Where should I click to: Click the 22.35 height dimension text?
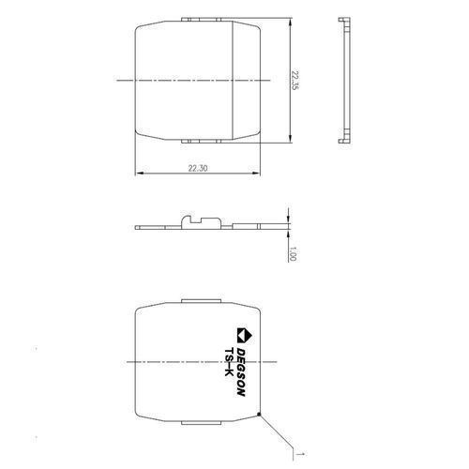pyautogui.click(x=295, y=81)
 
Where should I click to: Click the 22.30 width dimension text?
pyautogui.click(x=198, y=168)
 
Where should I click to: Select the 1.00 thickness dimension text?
pyautogui.click(x=293, y=253)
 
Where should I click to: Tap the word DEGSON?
pyautogui.click(x=240, y=372)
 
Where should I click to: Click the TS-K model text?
pyautogui.click(x=229, y=362)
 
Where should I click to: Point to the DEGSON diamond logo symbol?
pyautogui.click(x=245, y=336)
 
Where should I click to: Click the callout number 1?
pyautogui.click(x=302, y=454)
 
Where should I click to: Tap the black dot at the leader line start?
pyautogui.click(x=259, y=415)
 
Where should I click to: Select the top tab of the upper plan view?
pyautogui.click(x=201, y=20)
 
